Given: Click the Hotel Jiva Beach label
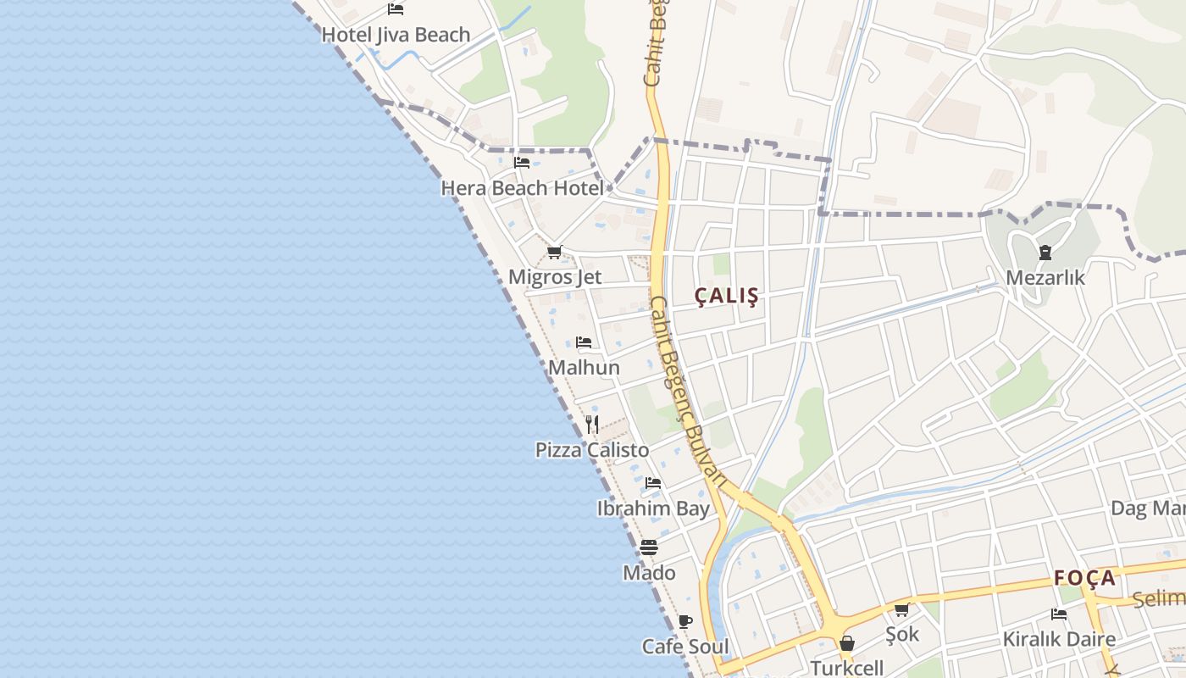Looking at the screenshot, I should coord(396,35).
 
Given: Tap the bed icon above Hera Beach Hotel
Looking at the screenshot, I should coord(522,162).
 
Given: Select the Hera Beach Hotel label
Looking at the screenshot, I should coord(522,188).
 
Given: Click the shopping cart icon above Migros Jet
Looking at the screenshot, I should coord(555,252).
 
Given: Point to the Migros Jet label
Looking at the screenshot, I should coord(555,277).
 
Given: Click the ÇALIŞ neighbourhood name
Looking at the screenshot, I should coord(726,296).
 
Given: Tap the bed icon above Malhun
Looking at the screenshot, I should coord(584,342).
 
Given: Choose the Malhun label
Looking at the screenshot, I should coord(584,368).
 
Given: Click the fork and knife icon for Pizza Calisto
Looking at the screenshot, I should coord(592,424).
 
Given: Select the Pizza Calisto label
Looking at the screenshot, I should coord(592,450).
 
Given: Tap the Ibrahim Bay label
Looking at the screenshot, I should coord(653,508).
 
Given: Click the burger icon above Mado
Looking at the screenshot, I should coord(649,547).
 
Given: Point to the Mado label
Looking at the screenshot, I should coord(649,573).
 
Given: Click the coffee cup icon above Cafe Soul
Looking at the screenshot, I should coord(685,620).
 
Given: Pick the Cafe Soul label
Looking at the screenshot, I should coord(685,647).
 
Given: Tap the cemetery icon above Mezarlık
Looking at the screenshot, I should coord(1045,252).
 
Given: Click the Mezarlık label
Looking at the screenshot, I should coord(1045,278).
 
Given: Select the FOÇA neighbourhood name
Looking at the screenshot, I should coord(1085,578).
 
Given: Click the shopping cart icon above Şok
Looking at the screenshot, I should coord(902,609).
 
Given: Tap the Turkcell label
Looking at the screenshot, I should coord(846,668).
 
